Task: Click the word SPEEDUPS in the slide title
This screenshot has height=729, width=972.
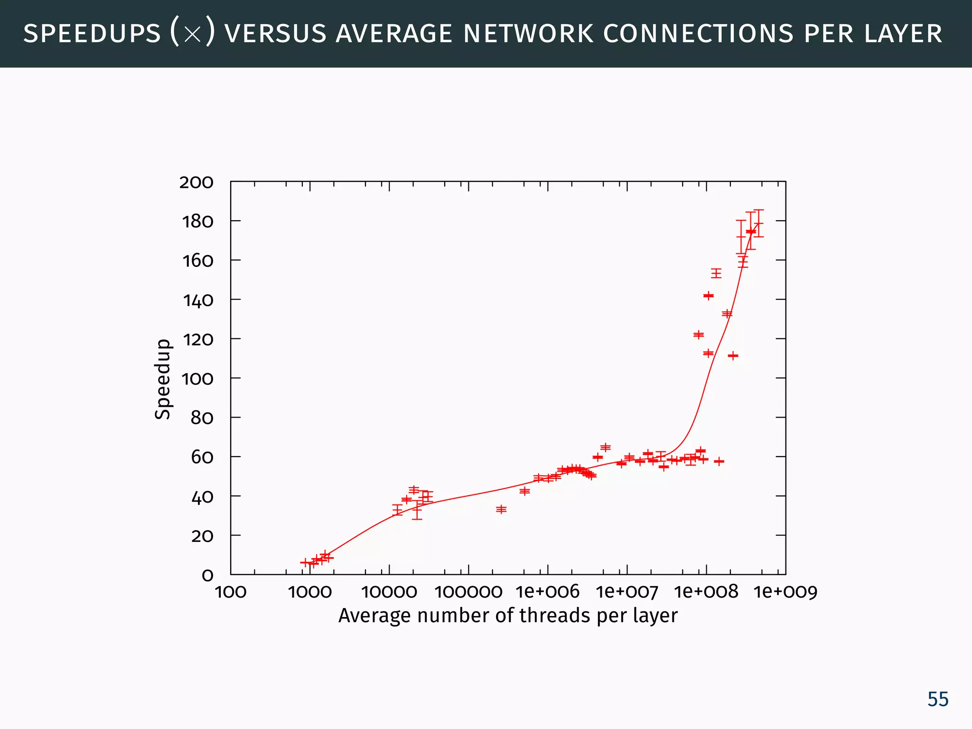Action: [92, 34]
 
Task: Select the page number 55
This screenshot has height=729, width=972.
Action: [938, 700]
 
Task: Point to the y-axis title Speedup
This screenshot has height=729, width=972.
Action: [163, 379]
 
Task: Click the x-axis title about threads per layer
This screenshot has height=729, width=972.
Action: [508, 616]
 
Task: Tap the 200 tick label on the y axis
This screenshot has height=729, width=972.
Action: [196, 182]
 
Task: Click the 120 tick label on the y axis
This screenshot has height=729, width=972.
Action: [198, 339]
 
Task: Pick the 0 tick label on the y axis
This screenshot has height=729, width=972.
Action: [207, 575]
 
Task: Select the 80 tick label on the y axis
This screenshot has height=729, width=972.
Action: [202, 418]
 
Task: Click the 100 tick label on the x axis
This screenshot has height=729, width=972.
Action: [231, 592]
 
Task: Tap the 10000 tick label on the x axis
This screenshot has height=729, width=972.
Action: [389, 592]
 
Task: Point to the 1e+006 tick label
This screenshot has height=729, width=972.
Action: [548, 592]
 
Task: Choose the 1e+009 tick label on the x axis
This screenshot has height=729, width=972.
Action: [785, 592]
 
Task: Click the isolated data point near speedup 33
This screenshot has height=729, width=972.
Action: [501, 509]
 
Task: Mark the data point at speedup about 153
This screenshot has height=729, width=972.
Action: [716, 273]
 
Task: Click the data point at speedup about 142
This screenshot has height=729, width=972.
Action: [709, 296]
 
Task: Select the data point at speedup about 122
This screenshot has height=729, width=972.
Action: [699, 335]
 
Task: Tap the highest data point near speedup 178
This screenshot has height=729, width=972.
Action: [758, 224]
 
